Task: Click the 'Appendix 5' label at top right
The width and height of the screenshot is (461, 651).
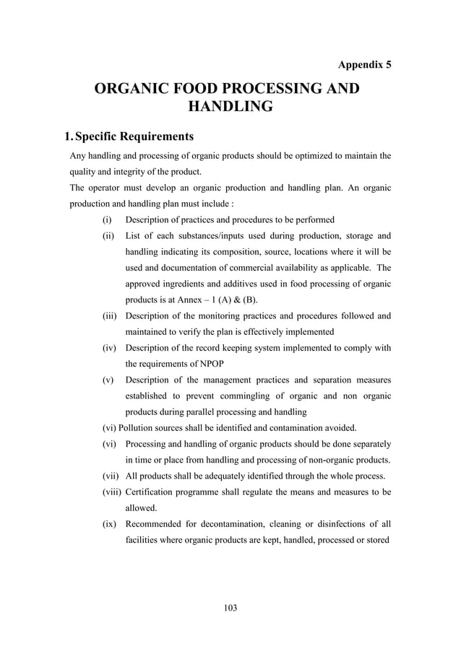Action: pyautogui.click(x=365, y=64)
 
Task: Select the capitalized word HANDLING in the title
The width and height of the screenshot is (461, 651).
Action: pyautogui.click(x=230, y=108)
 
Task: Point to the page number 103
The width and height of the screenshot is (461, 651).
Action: pyautogui.click(x=230, y=608)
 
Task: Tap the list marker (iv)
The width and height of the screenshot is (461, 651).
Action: pyautogui.click(x=108, y=348)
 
